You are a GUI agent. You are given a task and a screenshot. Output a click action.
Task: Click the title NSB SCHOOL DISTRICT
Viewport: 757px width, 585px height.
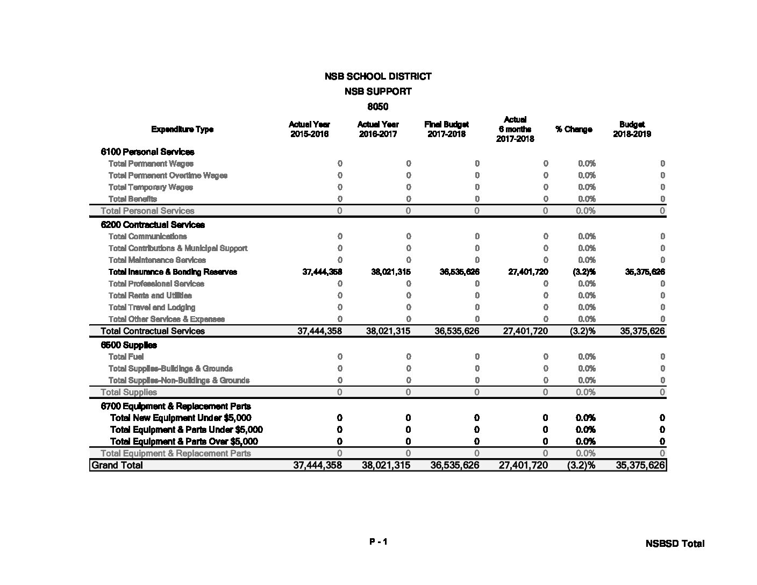(x=377, y=76)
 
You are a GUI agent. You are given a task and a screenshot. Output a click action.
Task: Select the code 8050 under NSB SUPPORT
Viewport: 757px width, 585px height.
(x=377, y=106)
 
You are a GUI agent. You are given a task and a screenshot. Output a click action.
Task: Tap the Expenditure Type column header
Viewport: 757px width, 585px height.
(x=182, y=129)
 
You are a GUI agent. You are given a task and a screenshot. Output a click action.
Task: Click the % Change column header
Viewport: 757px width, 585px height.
(x=574, y=129)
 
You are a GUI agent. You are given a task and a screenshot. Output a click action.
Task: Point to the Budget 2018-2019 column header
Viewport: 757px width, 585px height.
(x=632, y=129)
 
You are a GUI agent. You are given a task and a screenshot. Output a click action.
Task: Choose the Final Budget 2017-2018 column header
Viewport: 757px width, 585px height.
(x=446, y=129)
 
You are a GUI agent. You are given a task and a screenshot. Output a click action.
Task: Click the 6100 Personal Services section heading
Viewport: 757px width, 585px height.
(x=147, y=152)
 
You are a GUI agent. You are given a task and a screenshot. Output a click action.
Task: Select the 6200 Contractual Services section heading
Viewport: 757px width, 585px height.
(x=153, y=225)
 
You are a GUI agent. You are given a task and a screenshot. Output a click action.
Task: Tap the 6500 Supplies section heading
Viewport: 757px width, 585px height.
(x=129, y=345)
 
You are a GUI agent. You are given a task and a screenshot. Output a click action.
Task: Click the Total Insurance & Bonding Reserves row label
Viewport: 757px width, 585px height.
(x=173, y=272)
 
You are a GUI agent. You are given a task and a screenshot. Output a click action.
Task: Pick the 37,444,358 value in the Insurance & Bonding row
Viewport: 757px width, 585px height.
(x=322, y=272)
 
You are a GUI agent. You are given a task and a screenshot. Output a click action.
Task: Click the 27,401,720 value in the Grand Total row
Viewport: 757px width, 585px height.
(x=523, y=465)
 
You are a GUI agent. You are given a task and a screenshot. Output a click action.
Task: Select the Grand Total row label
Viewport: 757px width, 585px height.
(x=117, y=465)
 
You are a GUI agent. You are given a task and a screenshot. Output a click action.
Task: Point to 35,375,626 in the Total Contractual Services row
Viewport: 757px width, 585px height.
(x=642, y=331)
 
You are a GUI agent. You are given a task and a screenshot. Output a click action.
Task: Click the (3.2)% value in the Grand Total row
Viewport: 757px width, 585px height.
(x=581, y=465)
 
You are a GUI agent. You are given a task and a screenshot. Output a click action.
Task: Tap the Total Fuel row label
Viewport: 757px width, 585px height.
(x=126, y=357)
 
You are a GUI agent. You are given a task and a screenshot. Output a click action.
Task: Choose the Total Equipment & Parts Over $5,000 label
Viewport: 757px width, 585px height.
(x=184, y=441)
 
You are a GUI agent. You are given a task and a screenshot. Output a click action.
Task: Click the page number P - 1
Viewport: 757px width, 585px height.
(x=378, y=542)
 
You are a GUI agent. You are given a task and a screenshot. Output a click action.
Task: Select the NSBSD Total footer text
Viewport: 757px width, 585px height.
(x=675, y=544)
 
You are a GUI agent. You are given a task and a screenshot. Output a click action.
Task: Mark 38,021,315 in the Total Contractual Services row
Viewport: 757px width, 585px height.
(x=388, y=331)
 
